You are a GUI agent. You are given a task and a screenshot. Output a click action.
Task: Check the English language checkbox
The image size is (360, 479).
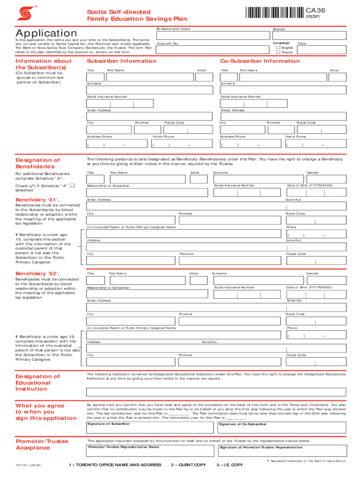[x=278, y=47]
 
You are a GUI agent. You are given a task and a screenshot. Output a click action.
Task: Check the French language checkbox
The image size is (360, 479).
[x=278, y=52]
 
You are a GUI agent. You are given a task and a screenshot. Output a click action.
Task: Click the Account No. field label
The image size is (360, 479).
[x=168, y=43]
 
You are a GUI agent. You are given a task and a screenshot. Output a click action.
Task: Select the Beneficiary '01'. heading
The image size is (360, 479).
[x=37, y=200]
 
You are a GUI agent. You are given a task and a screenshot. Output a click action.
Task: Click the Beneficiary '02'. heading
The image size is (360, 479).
[x=37, y=273]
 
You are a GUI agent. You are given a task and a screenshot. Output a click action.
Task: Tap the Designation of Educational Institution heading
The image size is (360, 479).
[x=37, y=383]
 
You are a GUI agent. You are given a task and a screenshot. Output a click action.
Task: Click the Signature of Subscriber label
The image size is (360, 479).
[x=108, y=424]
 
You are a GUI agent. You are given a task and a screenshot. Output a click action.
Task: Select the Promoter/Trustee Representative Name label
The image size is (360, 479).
[x=123, y=447]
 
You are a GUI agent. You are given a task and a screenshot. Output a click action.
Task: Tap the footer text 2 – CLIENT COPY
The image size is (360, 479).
[x=188, y=464]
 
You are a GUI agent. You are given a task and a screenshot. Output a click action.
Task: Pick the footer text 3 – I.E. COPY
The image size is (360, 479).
[x=230, y=464]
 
